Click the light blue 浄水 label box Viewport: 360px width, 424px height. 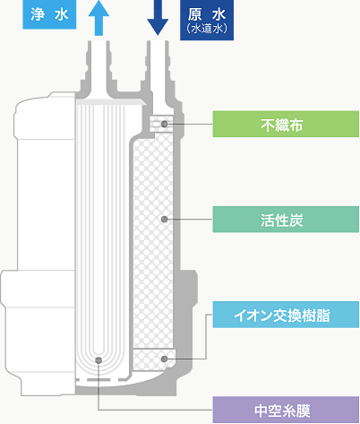(x=49, y=14)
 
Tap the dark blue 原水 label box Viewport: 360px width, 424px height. (x=207, y=20)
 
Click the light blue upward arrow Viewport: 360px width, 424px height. (x=99, y=17)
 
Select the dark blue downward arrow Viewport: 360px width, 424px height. (x=158, y=17)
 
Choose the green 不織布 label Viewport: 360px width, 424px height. (x=286, y=124)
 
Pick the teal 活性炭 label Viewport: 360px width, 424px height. (x=286, y=220)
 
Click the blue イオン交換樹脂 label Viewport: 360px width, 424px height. (x=286, y=315)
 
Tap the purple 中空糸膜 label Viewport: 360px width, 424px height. (x=286, y=410)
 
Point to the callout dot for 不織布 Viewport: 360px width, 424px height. (x=164, y=124)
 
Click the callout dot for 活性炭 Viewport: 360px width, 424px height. (x=164, y=220)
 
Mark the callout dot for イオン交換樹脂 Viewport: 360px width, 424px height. (x=164, y=359)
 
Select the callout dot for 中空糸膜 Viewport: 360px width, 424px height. (x=99, y=360)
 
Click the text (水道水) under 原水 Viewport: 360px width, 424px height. (x=207, y=29)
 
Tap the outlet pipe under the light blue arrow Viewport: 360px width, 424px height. (x=99, y=69)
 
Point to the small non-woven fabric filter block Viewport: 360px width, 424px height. (x=161, y=124)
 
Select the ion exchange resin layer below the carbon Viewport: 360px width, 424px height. (x=153, y=359)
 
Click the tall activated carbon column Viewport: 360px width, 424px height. (x=153, y=240)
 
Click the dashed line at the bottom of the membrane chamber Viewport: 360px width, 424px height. (x=101, y=380)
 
